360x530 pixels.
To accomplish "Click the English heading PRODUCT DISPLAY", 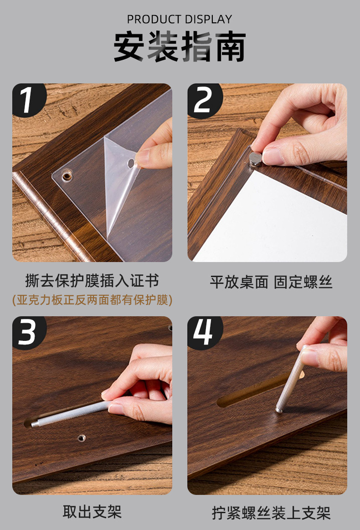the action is [180, 19].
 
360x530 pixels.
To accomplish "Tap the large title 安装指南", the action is [180, 46].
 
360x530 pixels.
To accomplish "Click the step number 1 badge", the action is [28, 99].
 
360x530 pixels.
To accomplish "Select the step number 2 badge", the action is [204, 100].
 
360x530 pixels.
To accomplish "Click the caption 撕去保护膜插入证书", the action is [92, 281].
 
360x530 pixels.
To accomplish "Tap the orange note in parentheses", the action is [92, 300].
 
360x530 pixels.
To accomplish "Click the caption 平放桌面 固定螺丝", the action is [271, 282].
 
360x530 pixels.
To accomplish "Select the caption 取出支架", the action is [92, 512].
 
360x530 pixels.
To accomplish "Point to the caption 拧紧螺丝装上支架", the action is [271, 513].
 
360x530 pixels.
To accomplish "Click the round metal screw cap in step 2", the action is [255, 159].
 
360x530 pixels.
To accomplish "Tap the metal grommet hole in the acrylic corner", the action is [67, 176].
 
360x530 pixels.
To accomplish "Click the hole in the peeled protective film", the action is [131, 164].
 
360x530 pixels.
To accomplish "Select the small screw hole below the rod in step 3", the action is [82, 438].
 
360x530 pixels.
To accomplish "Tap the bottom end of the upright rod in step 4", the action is [279, 410].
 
